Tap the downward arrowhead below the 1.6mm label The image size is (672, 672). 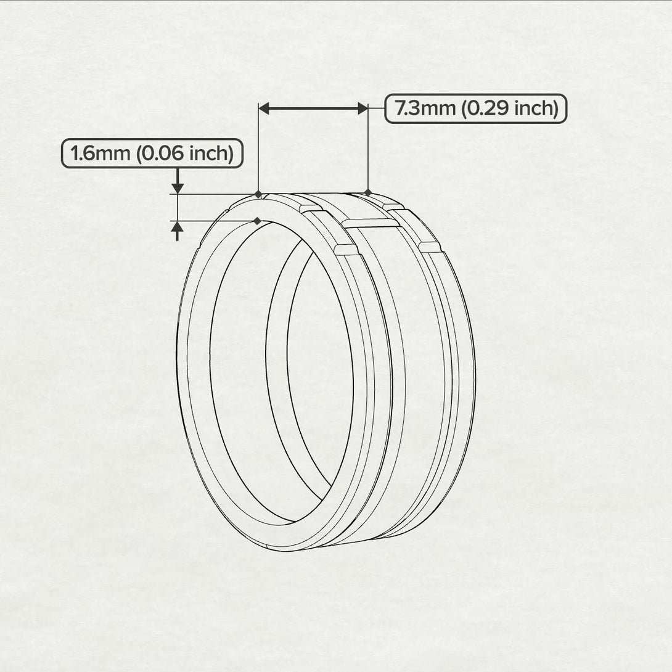click(178, 187)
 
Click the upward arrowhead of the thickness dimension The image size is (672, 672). click(178, 227)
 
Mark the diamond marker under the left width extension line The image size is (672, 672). click(258, 194)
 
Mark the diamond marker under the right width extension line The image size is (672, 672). click(368, 193)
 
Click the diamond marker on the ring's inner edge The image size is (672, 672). click(257, 221)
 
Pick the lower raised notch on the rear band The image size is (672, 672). click(430, 247)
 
